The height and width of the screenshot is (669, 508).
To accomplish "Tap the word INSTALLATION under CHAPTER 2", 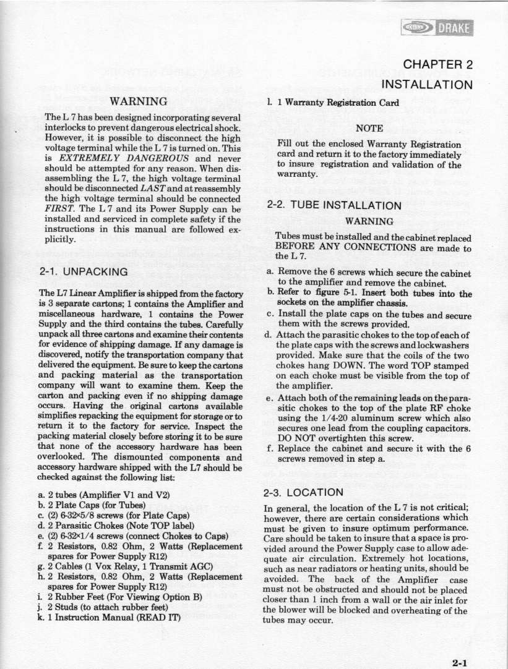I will (x=427, y=83).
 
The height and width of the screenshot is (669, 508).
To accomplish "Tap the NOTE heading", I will (x=370, y=129).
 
